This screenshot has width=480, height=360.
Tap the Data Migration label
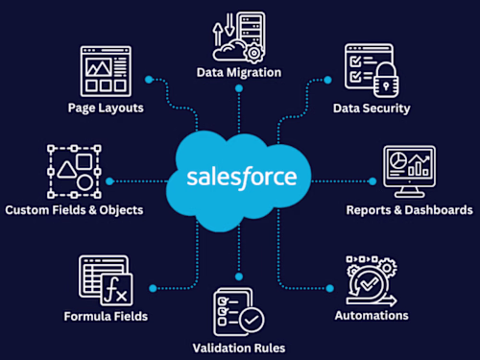238,72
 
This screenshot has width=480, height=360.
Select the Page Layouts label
107,108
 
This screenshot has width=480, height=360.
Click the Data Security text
371,108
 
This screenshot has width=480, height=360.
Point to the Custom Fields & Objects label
74,209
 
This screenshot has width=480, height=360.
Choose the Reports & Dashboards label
408,209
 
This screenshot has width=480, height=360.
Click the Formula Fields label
107,316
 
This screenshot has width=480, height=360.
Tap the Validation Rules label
238,348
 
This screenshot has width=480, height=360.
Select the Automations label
371,315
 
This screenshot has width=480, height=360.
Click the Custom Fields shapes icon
73,171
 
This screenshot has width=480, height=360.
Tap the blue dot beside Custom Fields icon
109,180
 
